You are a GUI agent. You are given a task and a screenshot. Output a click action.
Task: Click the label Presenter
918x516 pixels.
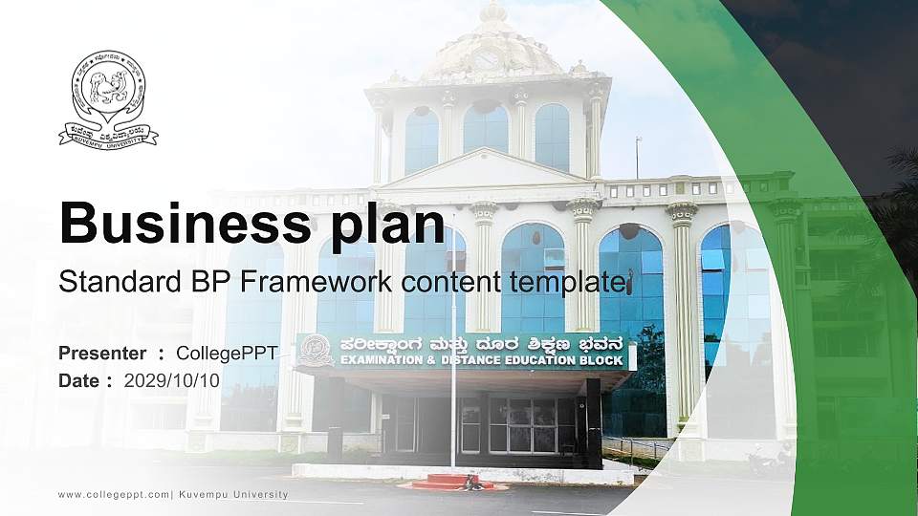point(102,354)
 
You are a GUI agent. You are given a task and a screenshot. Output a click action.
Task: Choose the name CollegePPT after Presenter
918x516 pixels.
point(227,354)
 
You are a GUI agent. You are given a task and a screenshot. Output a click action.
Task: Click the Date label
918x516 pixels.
point(79,380)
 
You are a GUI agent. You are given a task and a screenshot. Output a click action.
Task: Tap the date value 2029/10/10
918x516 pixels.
point(172,380)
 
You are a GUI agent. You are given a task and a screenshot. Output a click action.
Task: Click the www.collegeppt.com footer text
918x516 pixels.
point(114,494)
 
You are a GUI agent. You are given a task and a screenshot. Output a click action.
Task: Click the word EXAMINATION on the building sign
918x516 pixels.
point(379,360)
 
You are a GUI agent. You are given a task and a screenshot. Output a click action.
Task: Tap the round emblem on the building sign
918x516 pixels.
point(316,351)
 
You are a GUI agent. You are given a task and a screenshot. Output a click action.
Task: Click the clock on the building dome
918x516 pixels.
point(487,59)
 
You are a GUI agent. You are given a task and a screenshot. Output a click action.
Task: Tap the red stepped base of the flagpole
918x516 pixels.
point(450,481)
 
